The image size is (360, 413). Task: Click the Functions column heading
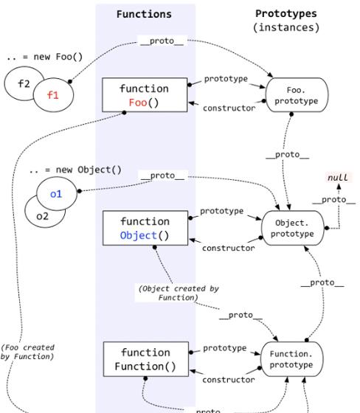pos(144,14)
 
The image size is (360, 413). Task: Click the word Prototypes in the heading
pos(286,14)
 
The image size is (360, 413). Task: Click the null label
pos(338,178)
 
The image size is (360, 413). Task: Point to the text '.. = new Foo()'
pos(45,57)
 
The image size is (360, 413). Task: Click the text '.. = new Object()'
pos(75,170)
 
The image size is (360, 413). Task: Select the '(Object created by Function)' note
pos(179,293)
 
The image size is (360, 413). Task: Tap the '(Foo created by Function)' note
pos(27,352)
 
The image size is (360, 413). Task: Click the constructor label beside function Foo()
pos(229,108)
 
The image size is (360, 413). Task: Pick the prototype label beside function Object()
pos(221,211)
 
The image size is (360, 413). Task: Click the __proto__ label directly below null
pos(334,200)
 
